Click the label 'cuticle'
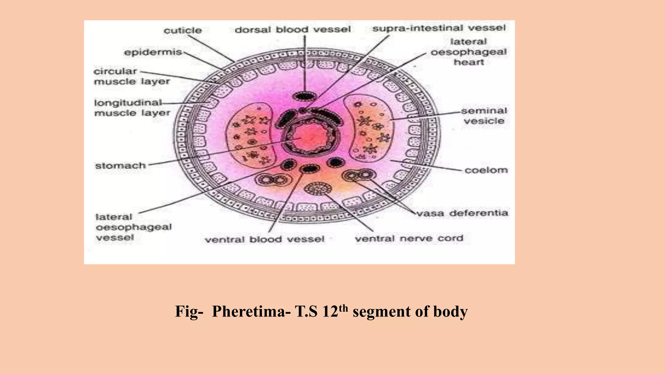[182, 31]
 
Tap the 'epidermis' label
[153, 52]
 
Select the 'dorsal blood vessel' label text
[293, 30]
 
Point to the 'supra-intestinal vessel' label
[439, 28]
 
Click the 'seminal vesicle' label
[484, 116]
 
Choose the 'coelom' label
[486, 170]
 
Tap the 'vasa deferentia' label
[462, 213]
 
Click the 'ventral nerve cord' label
[409, 239]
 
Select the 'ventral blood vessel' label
[264, 240]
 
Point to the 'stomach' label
[120, 166]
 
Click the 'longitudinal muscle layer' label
[132, 108]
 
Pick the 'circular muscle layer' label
[132, 76]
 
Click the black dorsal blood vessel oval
[304, 96]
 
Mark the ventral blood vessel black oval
[309, 168]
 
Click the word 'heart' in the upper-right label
[469, 62]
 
